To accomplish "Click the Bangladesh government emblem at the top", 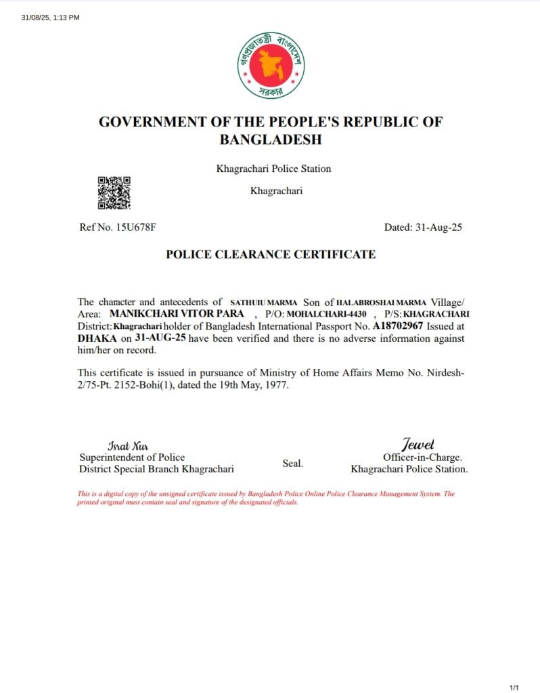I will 271,64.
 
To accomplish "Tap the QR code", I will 114,193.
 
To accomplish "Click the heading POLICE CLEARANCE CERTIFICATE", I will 271,254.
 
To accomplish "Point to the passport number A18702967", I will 399,326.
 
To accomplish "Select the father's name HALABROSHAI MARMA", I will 382,302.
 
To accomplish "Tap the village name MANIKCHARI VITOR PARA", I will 176,314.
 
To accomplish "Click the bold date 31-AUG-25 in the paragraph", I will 160,337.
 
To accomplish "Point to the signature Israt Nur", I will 127,446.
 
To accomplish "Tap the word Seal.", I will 292,464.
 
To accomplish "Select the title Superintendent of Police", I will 132,457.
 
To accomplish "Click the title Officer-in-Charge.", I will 422,457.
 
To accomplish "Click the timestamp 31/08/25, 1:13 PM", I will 51,18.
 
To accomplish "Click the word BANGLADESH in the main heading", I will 271,140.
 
